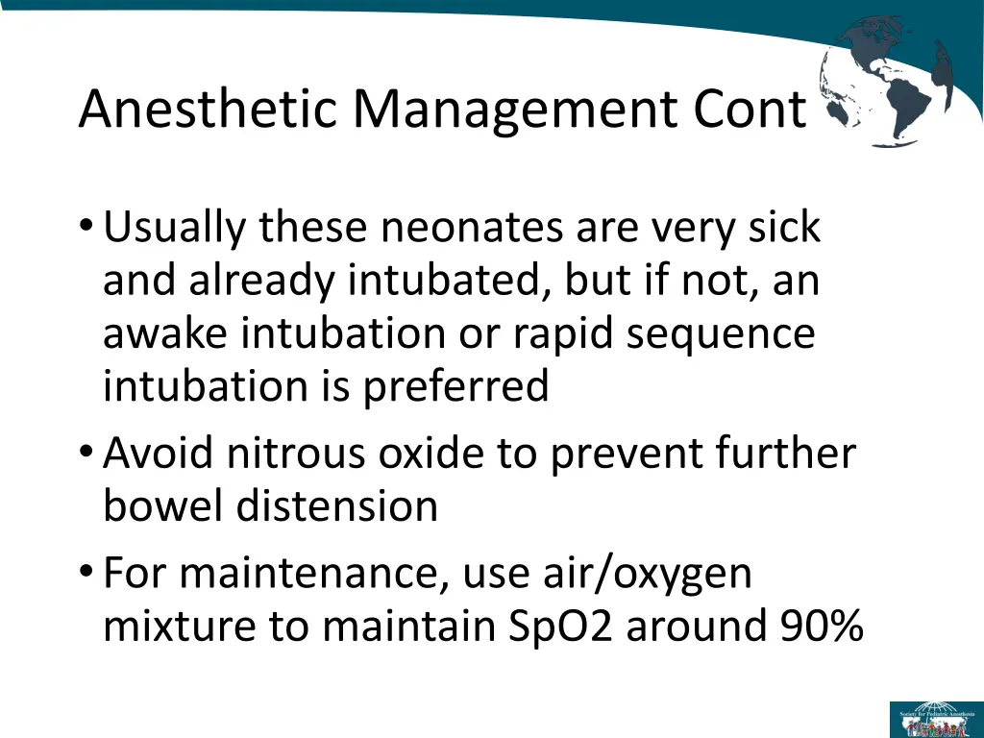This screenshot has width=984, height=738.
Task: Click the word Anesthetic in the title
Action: pos(209,109)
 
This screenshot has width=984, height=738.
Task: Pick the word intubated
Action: pos(449,282)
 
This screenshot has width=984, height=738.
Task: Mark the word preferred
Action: pos(455,387)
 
